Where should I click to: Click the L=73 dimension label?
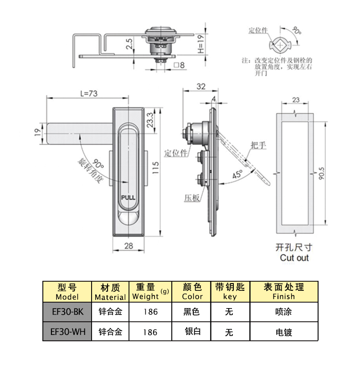88,93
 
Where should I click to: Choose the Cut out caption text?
294,258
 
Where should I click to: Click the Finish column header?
283,292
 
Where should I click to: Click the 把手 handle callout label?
258,145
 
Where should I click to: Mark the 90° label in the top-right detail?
297,31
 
